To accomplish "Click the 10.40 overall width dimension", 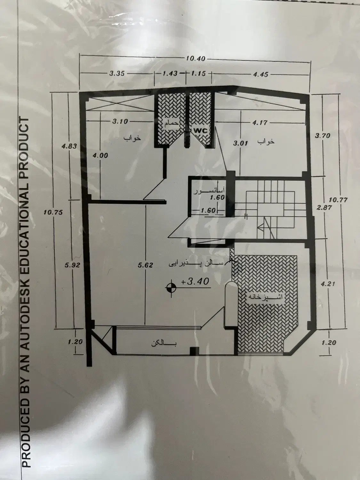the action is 196,59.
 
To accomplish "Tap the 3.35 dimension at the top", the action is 117,73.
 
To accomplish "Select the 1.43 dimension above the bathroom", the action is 170,73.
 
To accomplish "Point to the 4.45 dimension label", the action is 260,74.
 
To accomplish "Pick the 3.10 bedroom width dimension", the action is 120,121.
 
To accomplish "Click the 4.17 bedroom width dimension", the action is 260,123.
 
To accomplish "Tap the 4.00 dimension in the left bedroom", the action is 100,156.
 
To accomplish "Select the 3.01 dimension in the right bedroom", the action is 240,143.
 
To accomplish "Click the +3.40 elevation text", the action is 195,281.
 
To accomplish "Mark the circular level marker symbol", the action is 171,288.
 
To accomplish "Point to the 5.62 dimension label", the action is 145,265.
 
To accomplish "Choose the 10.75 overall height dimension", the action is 53,212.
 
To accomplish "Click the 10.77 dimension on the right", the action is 338,200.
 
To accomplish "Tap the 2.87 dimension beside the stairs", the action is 324,207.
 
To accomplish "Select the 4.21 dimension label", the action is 328,284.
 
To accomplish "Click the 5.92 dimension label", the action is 72,265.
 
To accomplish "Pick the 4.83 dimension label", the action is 69,146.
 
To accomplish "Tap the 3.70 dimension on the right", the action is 323,136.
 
